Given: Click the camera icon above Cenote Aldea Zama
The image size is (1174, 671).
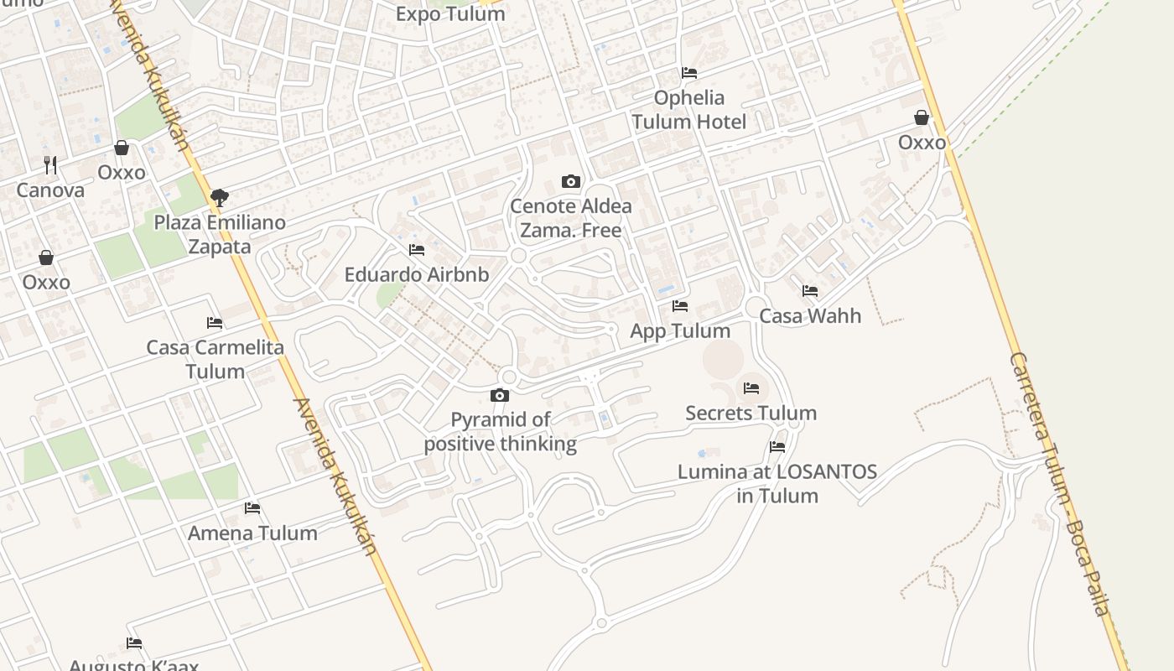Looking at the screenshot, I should (570, 181).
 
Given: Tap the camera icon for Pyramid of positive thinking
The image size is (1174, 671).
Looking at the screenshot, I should (500, 395).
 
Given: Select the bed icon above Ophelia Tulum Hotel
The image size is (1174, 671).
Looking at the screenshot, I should (689, 73).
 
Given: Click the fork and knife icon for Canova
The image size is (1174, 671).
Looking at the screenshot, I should (50, 164).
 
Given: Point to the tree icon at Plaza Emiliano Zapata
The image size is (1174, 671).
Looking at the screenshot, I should (220, 198).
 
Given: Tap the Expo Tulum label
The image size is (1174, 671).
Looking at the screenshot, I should (450, 13).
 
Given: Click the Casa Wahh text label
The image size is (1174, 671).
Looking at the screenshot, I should (809, 316).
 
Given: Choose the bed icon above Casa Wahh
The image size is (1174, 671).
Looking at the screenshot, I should (810, 291).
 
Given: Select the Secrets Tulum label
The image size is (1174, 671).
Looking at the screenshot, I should (751, 413).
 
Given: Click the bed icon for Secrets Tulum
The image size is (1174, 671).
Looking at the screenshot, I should (751, 388).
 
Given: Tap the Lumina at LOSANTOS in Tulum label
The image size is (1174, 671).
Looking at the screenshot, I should (777, 483).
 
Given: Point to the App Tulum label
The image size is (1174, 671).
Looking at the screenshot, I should (680, 331).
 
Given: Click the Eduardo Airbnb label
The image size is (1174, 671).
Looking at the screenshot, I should (417, 274).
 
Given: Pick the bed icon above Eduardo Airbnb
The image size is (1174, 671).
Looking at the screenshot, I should (417, 250).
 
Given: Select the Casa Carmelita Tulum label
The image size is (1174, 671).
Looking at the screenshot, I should (216, 359).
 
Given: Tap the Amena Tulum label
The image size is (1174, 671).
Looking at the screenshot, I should (252, 533).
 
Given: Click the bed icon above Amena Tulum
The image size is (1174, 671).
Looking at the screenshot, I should (252, 508).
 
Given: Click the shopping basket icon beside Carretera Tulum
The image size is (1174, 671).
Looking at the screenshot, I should (922, 117).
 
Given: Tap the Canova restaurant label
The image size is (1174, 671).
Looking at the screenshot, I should (50, 190).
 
